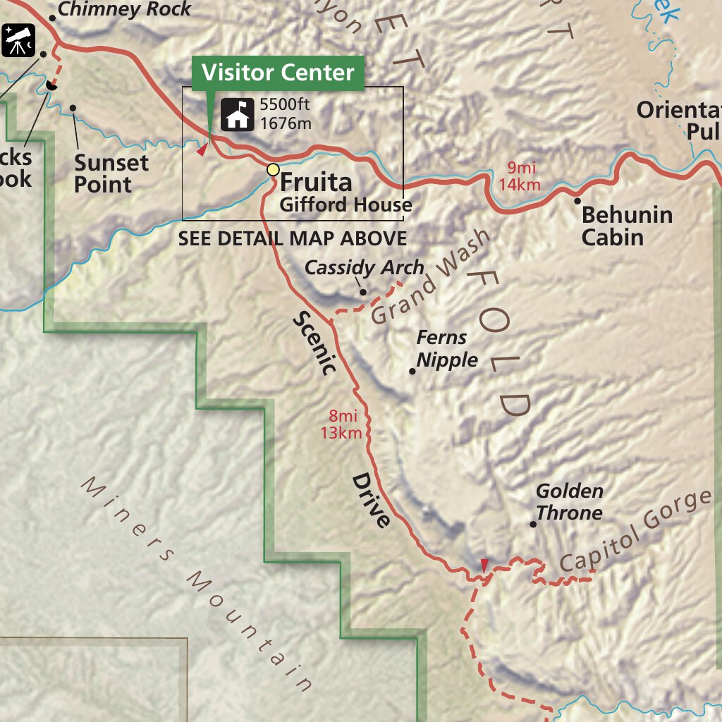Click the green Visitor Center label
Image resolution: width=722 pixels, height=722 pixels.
click(x=278, y=73)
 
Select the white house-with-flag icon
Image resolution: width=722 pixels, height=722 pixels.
click(x=238, y=114)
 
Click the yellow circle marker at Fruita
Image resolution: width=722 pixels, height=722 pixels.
click(x=273, y=169)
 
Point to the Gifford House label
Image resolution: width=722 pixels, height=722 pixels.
click(x=345, y=205)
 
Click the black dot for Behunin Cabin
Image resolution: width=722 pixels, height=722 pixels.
click(x=577, y=201)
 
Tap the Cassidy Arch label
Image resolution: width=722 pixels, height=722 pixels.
click(x=364, y=268)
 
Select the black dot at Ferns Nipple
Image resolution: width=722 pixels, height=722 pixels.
click(x=413, y=371)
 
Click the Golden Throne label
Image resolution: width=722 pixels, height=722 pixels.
click(x=569, y=501)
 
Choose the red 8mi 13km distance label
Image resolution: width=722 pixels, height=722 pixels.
click(x=341, y=424)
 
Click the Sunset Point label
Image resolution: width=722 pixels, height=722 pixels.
click(x=111, y=173)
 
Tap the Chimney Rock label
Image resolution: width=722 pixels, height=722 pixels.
click(x=124, y=9)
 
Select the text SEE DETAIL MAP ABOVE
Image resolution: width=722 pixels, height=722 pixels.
click(x=292, y=238)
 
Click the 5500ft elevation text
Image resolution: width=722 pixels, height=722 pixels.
click(x=285, y=105)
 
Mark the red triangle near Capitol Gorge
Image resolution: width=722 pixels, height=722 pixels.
click(x=484, y=564)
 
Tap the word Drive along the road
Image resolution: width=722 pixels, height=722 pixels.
click(x=371, y=501)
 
